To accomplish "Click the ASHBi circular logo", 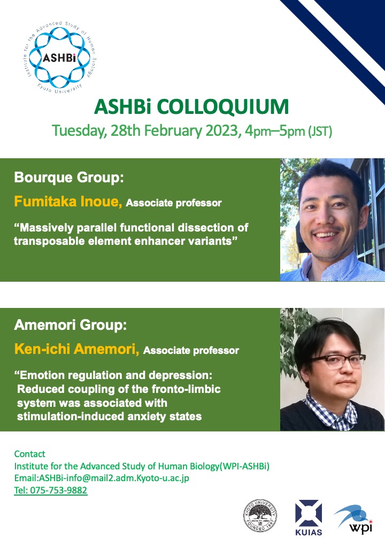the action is click(59, 57).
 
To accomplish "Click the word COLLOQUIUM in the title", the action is click(222, 107).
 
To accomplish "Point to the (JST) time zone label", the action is click(320, 132).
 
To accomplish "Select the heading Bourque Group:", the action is click(69, 177).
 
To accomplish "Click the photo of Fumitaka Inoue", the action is click(332, 220).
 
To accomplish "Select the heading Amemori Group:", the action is click(70, 325).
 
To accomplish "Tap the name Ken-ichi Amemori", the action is click(76, 349).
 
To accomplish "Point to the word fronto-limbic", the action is click(186, 389).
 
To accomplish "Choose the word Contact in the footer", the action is click(30, 454).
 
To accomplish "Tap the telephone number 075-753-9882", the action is click(58, 490).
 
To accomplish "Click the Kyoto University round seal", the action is click(260, 515).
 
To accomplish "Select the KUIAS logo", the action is click(309, 518).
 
